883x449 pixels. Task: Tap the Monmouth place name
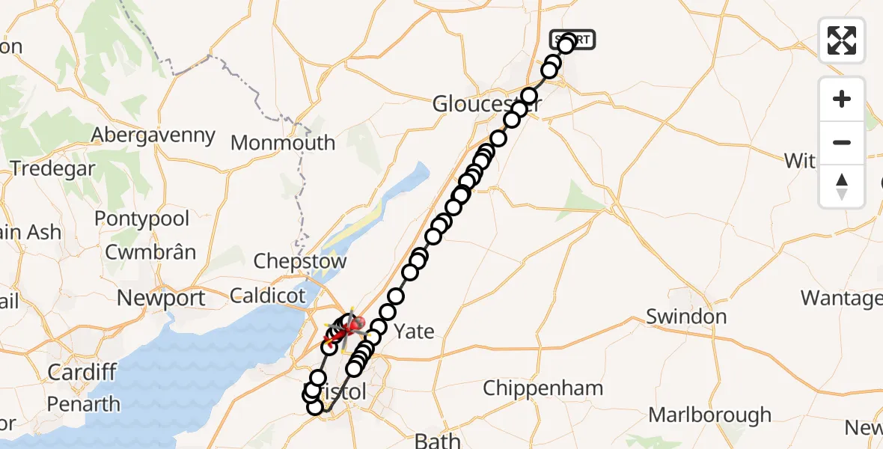click(283, 142)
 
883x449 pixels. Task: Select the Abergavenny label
click(153, 135)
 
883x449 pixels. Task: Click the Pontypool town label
click(141, 219)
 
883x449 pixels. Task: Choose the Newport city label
click(161, 298)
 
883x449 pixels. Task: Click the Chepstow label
click(300, 261)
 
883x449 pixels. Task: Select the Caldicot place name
click(269, 295)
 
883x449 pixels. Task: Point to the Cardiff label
click(82, 372)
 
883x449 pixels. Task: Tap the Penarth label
click(83, 404)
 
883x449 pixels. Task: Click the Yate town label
click(414, 331)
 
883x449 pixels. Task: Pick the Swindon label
click(686, 317)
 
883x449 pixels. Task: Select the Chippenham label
click(543, 388)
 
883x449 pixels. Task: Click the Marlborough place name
click(709, 415)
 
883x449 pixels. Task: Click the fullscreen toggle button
click(842, 40)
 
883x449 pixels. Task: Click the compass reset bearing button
click(842, 186)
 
